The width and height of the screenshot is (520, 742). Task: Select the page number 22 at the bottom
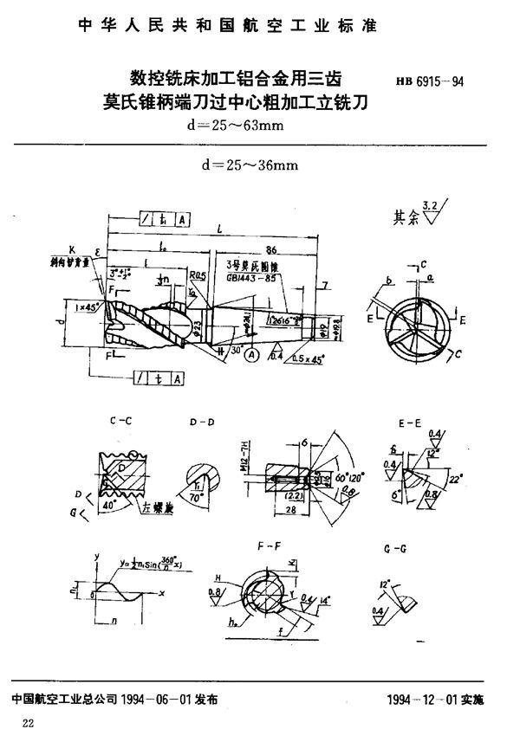29,724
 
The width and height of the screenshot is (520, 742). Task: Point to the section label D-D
202,423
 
